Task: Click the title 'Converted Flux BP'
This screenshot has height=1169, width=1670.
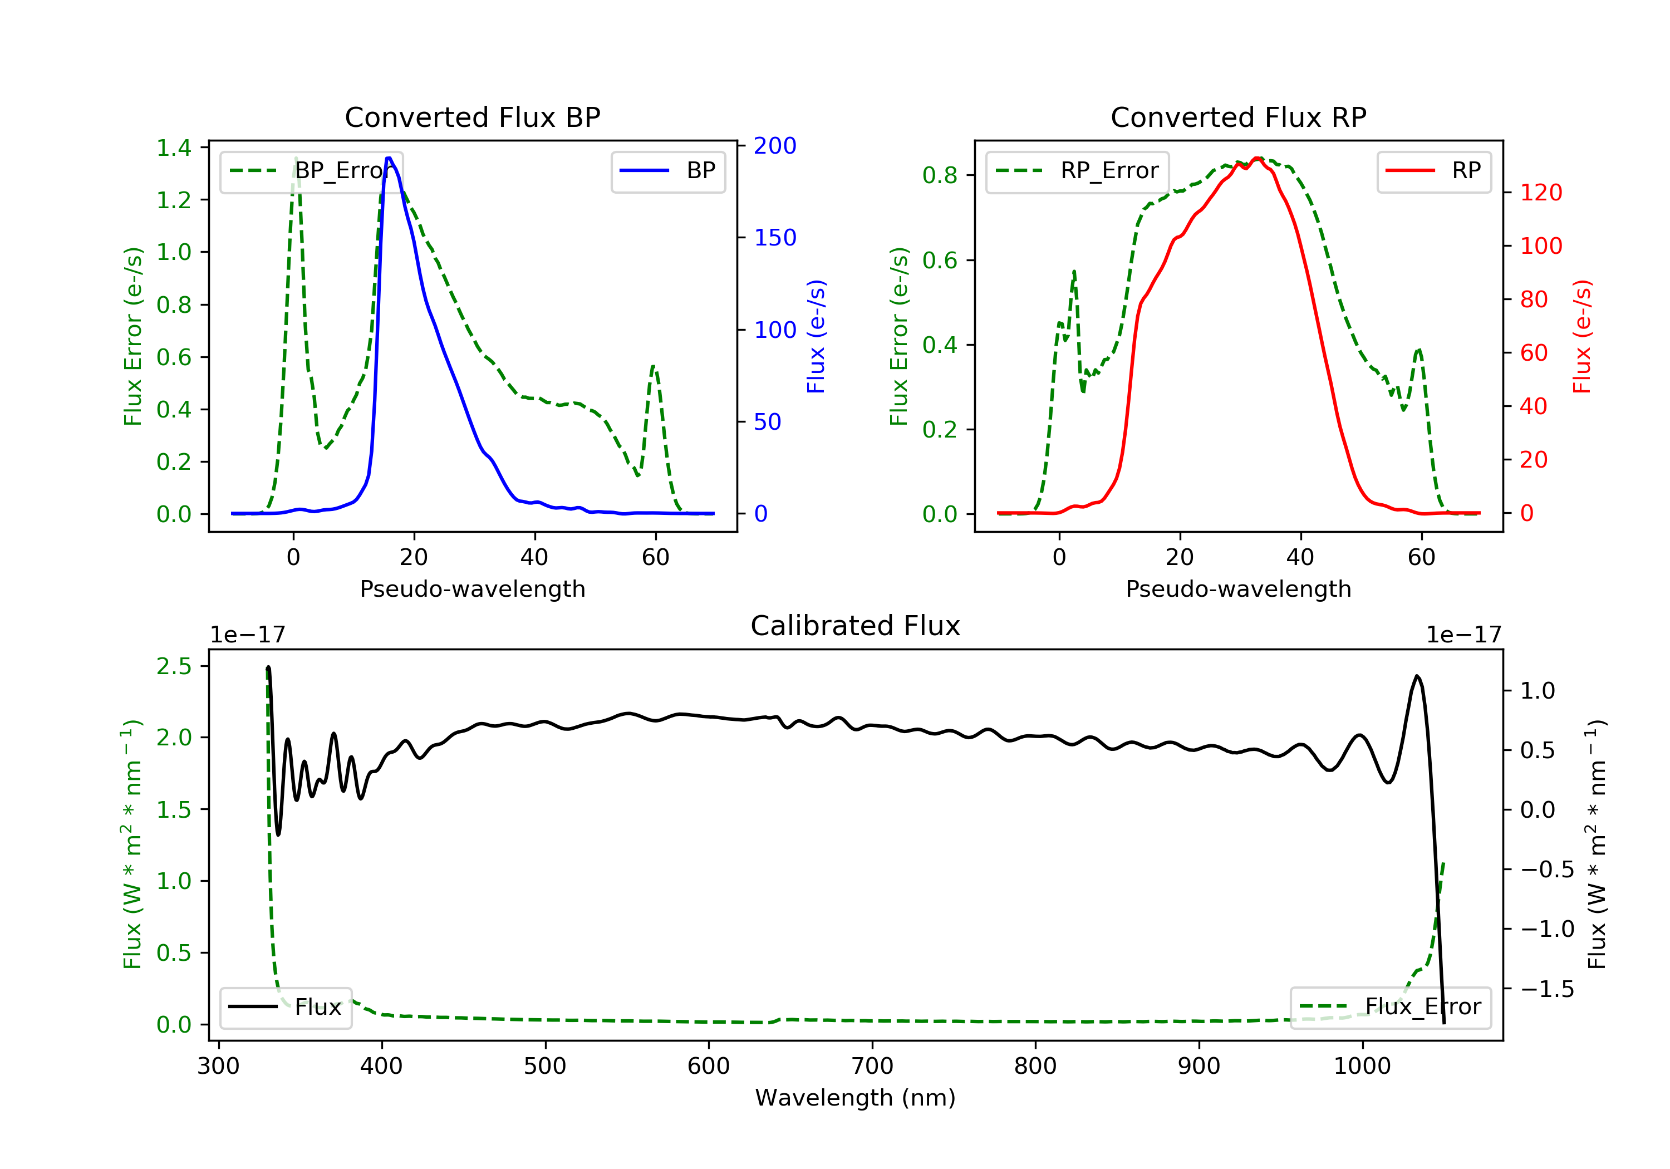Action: coord(472,117)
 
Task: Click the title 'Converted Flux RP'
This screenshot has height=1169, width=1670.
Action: coord(1238,117)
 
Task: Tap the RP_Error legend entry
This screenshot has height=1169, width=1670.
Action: coord(1077,171)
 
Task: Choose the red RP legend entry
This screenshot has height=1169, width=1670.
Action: coord(1433,171)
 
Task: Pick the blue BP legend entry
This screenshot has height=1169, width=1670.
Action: coord(667,171)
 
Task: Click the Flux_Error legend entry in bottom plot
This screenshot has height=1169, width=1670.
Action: coord(1390,1007)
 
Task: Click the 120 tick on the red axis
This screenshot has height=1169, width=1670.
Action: coord(1540,193)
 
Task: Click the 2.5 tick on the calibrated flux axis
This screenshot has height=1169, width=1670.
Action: coord(174,666)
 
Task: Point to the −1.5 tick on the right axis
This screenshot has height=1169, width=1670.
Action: coord(1546,989)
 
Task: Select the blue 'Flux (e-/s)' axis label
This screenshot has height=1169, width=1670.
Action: coord(816,336)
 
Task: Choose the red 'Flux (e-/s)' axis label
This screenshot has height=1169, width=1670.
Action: coord(1582,336)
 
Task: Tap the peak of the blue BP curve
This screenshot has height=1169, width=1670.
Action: coord(389,158)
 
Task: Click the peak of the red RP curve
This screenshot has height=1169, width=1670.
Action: coord(1257,158)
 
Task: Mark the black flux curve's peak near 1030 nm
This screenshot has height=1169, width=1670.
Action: coord(1417,676)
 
